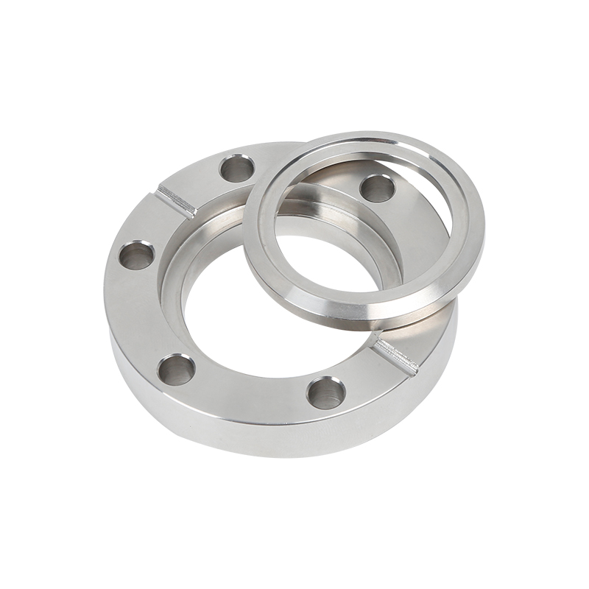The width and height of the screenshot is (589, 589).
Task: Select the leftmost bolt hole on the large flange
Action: click(x=137, y=257)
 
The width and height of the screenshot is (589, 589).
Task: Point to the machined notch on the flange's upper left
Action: click(x=177, y=200)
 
